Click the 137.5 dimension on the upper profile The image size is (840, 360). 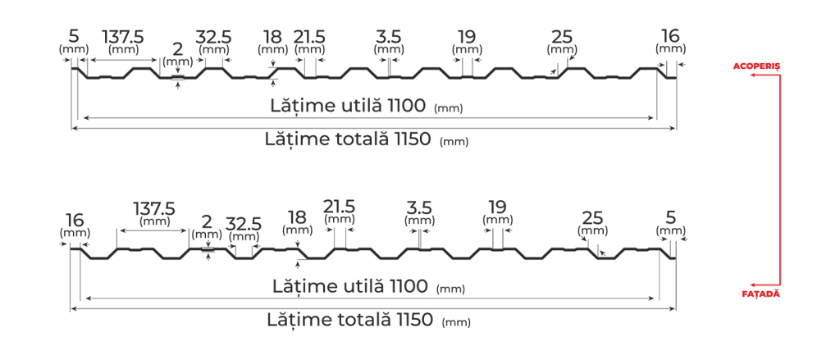click(x=124, y=37)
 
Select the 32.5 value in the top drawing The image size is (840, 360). click(x=213, y=37)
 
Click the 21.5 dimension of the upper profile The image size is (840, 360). click(x=309, y=37)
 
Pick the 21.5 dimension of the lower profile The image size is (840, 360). click(x=340, y=206)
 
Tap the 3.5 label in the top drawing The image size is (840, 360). click(x=387, y=36)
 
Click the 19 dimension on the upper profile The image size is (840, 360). click(x=468, y=36)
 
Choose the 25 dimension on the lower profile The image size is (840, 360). click(x=592, y=217)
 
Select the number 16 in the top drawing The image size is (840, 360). click(x=670, y=35)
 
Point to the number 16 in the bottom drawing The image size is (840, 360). click(x=74, y=219)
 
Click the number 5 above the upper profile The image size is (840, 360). click(x=74, y=35)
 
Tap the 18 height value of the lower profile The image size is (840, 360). click(x=297, y=217)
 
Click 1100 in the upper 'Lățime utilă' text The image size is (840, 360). click(x=406, y=106)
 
